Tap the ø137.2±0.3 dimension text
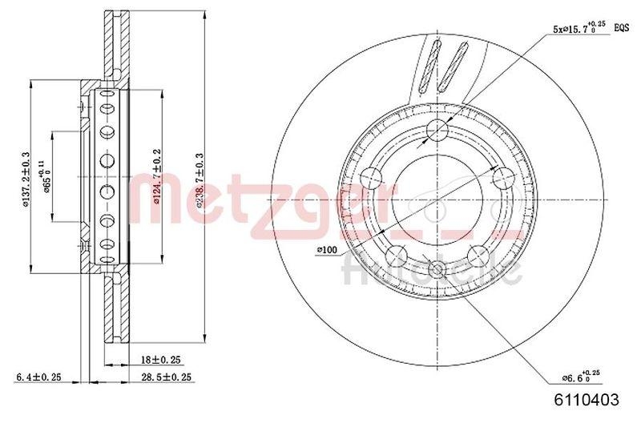coord(26,180)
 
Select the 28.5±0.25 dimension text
coord(165,377)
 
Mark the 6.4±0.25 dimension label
coord(39,377)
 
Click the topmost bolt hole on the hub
coord(437,129)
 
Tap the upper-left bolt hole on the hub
coord(373,176)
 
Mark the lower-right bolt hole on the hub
coord(478,255)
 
